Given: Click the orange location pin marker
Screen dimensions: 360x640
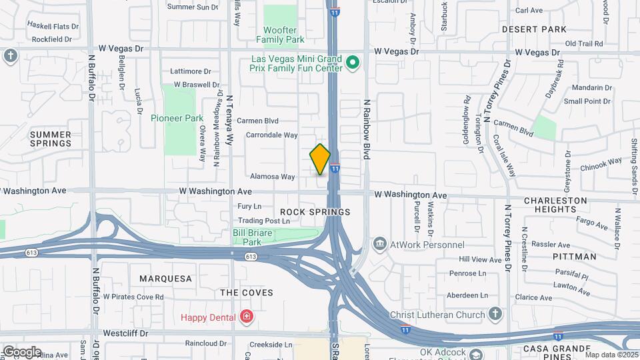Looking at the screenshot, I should [x=320, y=159].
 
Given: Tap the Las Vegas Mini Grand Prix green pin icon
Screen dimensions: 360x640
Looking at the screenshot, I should [x=353, y=63].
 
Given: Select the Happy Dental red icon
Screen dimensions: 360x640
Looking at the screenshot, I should [x=246, y=316].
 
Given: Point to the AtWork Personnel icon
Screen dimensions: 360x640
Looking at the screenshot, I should [x=380, y=244].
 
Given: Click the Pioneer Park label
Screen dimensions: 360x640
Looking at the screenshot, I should [x=177, y=118].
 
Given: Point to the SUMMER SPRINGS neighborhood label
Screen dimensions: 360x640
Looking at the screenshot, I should [x=51, y=139].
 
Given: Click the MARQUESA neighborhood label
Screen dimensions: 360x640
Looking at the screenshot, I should [x=165, y=278].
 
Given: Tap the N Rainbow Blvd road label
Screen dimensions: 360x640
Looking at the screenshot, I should [x=366, y=129].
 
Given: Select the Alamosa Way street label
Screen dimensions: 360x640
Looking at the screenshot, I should [x=272, y=177].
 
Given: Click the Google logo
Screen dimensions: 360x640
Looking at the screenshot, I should [x=21, y=352].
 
